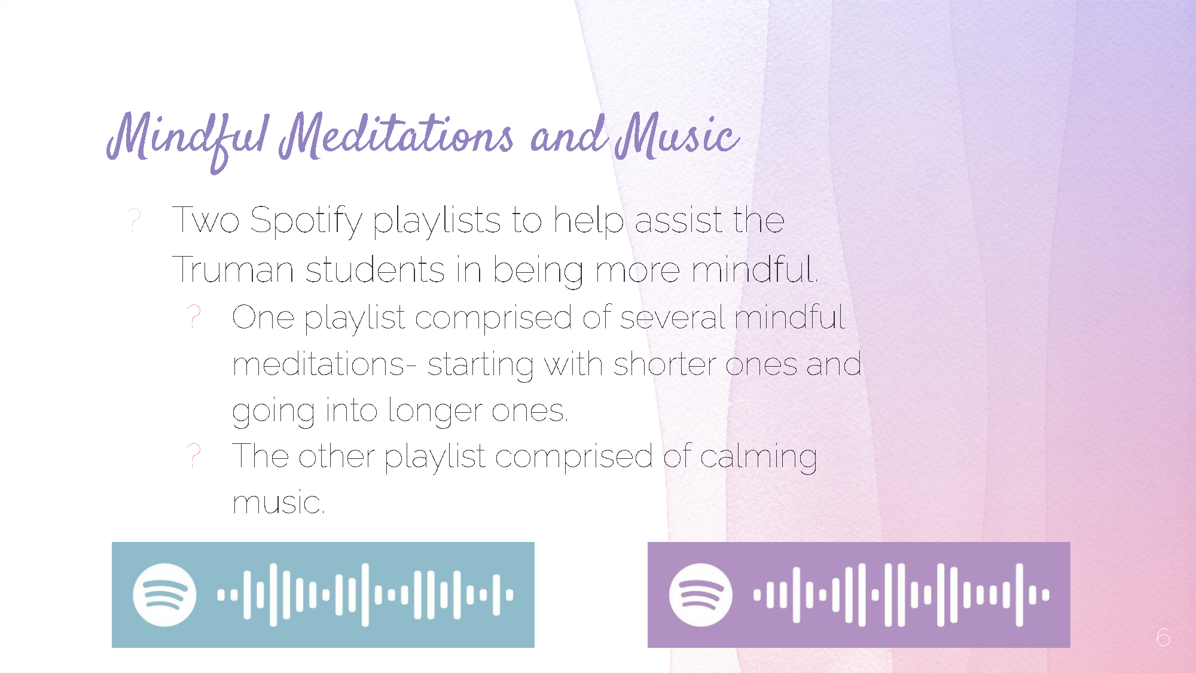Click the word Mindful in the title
[x=188, y=141]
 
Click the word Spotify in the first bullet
[x=306, y=221]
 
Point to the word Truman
[x=233, y=269]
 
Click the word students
[x=375, y=269]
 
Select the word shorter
[x=664, y=364]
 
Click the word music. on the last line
[x=279, y=503]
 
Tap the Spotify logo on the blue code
[x=164, y=595]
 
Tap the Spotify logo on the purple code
[x=700, y=595]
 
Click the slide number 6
[x=1163, y=637]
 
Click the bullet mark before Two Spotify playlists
[x=135, y=220]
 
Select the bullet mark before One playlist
[x=194, y=316]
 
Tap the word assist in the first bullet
[x=678, y=220]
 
